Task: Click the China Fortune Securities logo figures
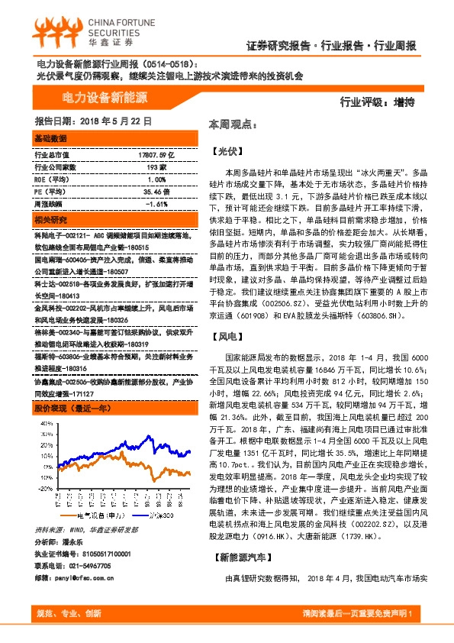tap(53, 30)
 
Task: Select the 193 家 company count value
tap(156, 166)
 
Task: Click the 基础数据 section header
tap(51, 138)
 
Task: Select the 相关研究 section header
tap(51, 220)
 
